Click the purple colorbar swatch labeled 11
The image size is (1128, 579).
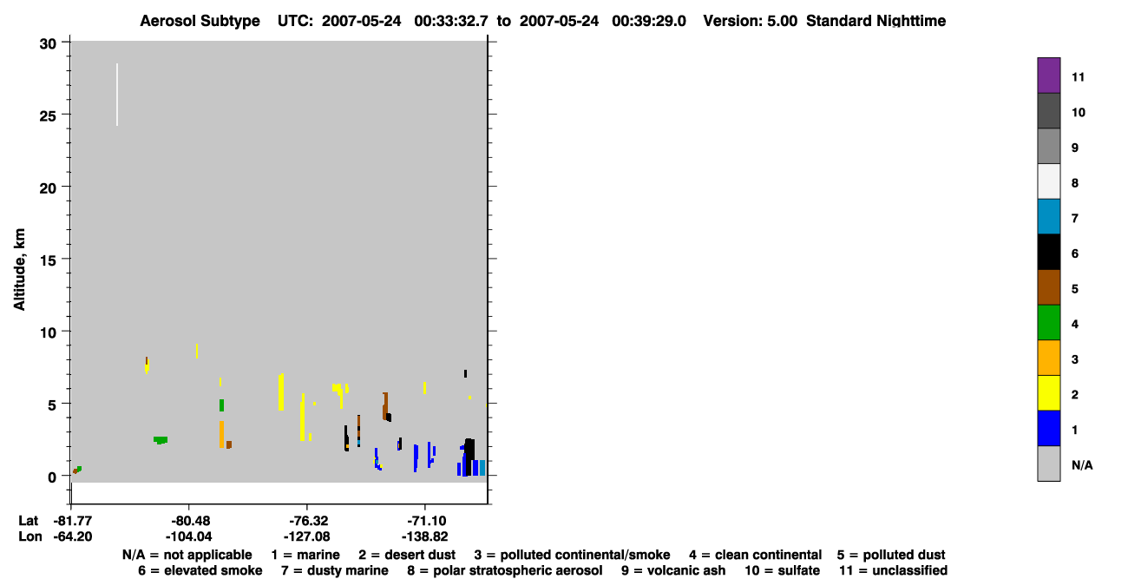tap(1048, 76)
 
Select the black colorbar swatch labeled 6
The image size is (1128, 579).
tap(1048, 252)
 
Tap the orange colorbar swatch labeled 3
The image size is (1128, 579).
tap(1048, 358)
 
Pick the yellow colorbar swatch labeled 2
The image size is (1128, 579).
tap(1048, 393)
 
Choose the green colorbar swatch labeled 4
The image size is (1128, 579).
tap(1048, 323)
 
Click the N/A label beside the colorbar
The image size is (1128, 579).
tap(1082, 465)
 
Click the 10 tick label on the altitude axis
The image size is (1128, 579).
tap(48, 332)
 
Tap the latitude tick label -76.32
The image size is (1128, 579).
tap(306, 521)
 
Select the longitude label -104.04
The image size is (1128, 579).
tap(189, 536)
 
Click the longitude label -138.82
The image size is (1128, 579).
tap(424, 536)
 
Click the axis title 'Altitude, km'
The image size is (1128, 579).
tap(19, 269)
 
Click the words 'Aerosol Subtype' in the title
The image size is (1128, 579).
tap(200, 21)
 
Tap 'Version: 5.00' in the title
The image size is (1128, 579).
tap(751, 21)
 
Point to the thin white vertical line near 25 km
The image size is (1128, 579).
tap(117, 95)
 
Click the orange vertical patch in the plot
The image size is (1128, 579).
tap(221, 434)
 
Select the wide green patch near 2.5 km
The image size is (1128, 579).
tap(161, 440)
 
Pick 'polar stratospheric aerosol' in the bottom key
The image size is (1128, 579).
tap(505, 570)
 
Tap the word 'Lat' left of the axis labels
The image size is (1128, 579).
tap(28, 521)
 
